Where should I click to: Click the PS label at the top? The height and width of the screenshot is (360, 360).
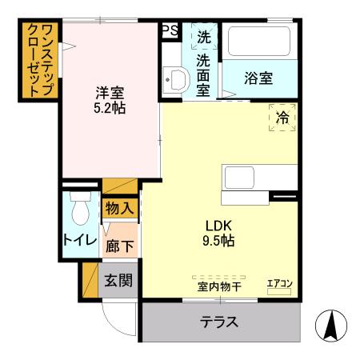click(x=170, y=30)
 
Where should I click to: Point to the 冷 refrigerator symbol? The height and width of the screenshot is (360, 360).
click(x=282, y=118)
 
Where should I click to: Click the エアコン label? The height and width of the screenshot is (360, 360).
click(x=280, y=282)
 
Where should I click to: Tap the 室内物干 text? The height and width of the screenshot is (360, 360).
click(x=219, y=286)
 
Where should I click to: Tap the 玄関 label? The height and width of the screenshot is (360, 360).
click(x=118, y=281)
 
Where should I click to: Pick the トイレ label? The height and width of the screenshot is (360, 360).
click(x=80, y=241)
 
